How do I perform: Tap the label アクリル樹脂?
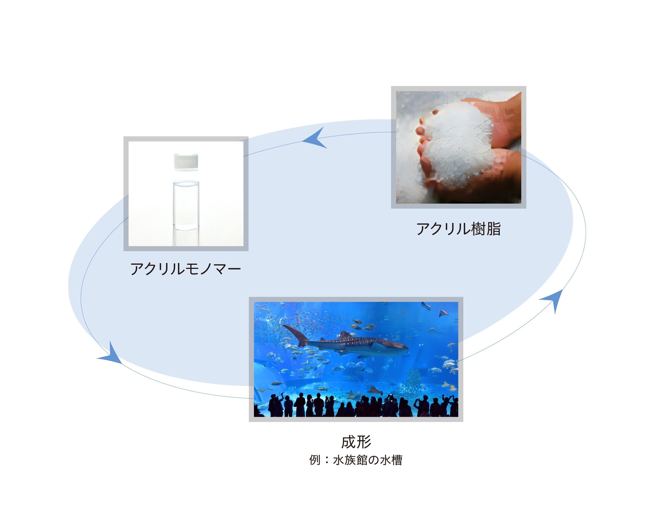[x=458, y=229]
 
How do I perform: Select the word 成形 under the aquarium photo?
[x=356, y=442]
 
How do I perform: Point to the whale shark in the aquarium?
[x=346, y=342]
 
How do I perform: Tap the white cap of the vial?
[x=186, y=161]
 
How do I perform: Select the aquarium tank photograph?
[x=356, y=359]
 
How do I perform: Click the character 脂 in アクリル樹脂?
[x=494, y=229]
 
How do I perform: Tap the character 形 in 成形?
[x=364, y=442]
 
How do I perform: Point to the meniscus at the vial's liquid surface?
[x=186, y=184]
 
